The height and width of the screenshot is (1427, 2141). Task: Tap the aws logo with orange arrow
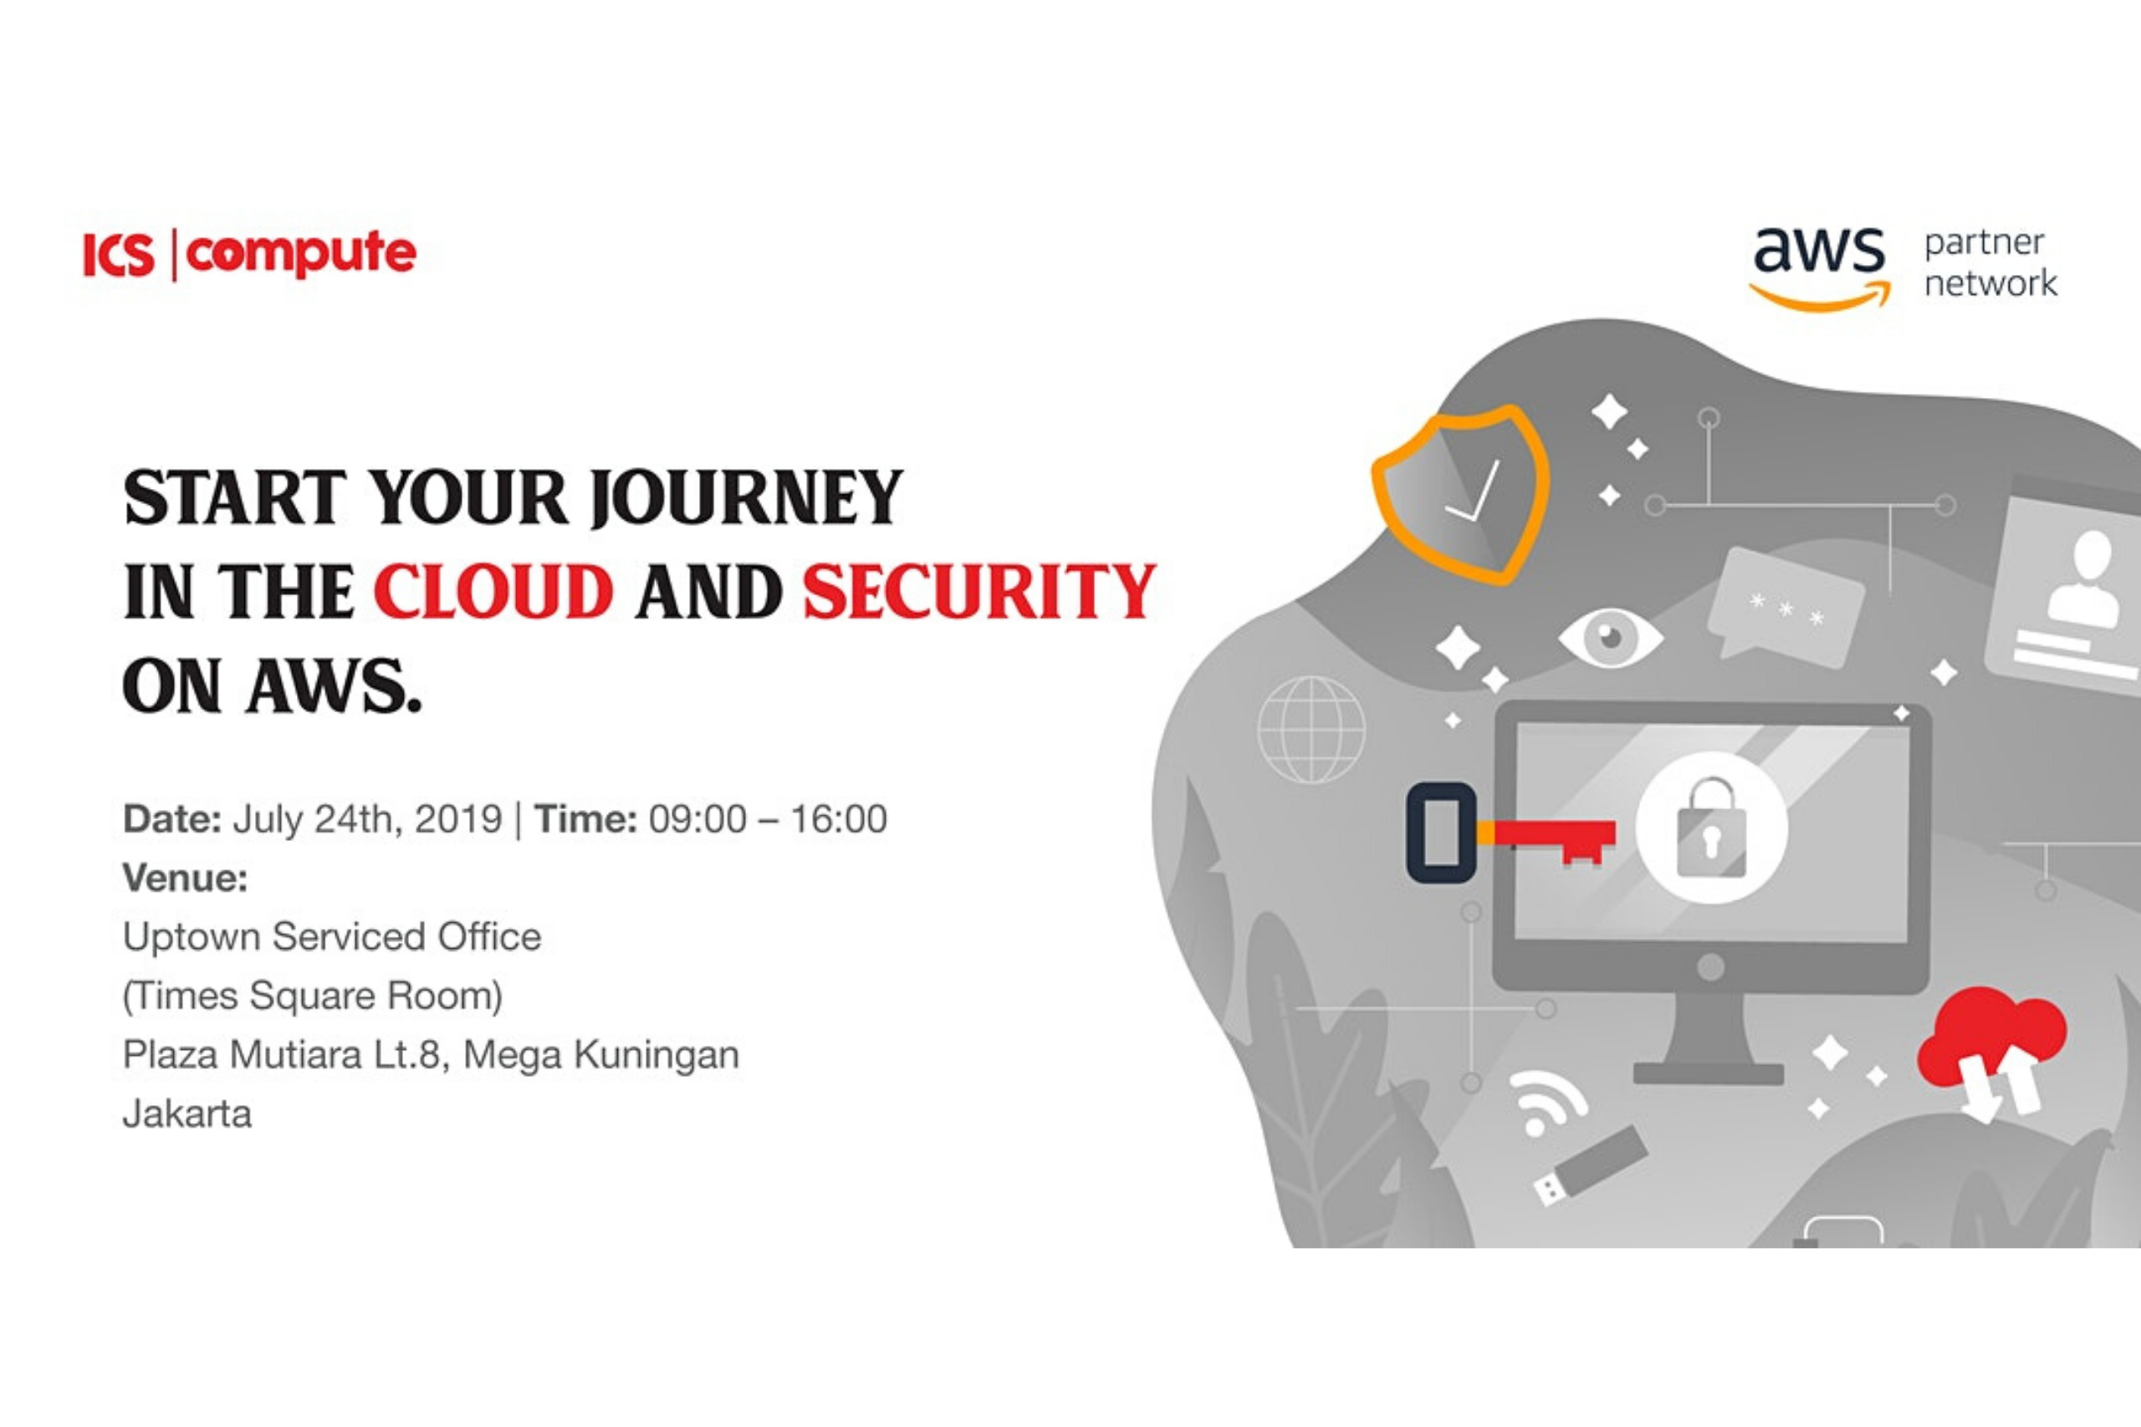(1820, 268)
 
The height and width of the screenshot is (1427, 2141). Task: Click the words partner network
(1990, 263)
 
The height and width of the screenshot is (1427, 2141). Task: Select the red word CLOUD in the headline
(493, 592)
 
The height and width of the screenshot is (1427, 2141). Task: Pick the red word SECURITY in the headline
(979, 592)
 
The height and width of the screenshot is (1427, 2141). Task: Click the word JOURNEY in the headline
(747, 497)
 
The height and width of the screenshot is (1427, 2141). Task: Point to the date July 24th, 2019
(367, 820)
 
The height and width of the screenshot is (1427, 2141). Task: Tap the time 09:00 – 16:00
(768, 819)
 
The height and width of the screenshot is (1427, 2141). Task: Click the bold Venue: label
(185, 879)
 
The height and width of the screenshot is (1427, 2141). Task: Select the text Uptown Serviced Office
(332, 936)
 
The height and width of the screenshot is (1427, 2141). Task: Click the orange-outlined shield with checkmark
(1460, 493)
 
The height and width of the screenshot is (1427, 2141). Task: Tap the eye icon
(1610, 637)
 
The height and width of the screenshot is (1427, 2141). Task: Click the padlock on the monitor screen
(1711, 828)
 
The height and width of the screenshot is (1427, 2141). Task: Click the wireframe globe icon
(1311, 729)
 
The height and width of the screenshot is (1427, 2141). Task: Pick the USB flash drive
(1590, 1166)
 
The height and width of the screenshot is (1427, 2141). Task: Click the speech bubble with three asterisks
(1784, 607)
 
